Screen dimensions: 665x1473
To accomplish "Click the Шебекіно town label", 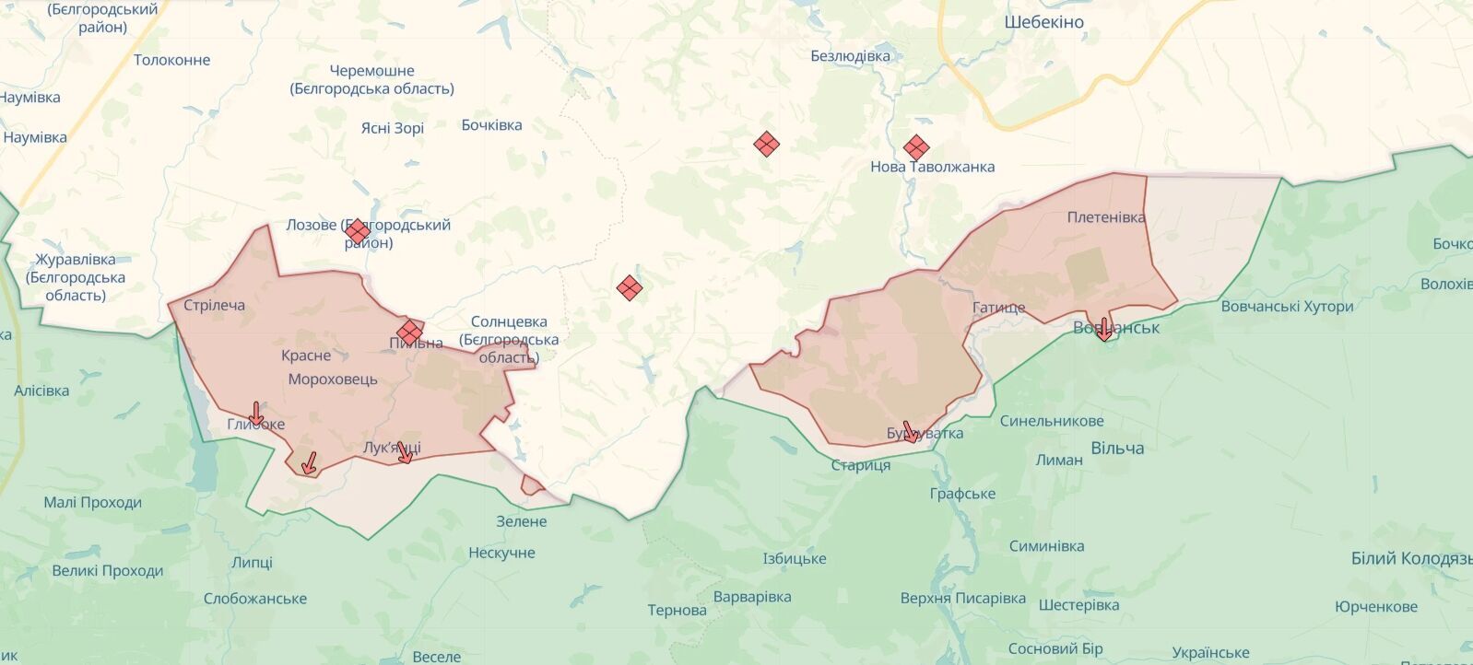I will point(1043,22).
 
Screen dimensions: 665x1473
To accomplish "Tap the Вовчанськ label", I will point(1116,328).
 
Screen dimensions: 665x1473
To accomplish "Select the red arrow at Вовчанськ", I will point(1104,330).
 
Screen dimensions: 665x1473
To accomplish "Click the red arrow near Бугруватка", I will point(910,432).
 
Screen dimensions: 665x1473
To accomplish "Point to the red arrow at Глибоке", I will point(256,414).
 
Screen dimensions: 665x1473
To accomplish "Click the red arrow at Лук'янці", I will point(404,452).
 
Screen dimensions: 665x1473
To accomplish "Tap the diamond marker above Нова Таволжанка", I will point(915,147).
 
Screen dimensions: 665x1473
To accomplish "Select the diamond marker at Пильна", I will point(409,332).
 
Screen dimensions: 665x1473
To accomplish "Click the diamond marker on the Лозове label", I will point(358,232).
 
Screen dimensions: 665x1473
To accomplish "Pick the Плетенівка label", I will point(1106,217).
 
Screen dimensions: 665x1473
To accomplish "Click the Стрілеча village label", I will point(214,305).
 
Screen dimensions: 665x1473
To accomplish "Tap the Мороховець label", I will point(333,379).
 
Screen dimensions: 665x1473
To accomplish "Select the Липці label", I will point(252,562).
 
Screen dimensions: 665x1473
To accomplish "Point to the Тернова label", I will point(677,610).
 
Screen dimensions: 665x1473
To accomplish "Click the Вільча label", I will point(1117,449).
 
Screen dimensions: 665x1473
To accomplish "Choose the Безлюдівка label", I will point(850,56).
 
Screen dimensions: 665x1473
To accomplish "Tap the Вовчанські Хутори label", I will point(1287,307).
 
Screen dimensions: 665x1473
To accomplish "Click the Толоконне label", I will point(172,60).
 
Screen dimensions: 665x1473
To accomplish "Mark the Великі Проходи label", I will point(108,571).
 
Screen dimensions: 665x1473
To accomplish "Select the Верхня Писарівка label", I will point(963,599).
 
